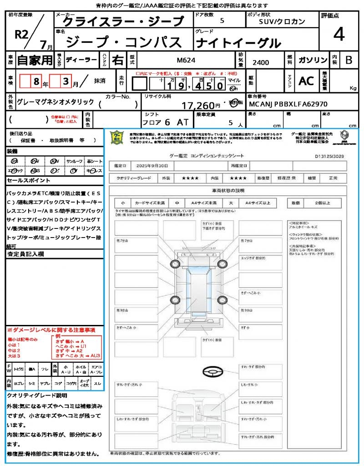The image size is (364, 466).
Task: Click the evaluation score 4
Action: pos(338,34)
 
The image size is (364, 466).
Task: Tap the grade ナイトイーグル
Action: pos(238,43)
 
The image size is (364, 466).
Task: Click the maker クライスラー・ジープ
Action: pos(123,21)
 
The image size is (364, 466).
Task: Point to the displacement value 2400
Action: pos(261,62)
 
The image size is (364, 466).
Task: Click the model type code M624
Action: pos(185,60)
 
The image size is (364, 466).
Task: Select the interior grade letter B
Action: pos(349,60)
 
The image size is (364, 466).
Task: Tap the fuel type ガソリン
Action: pos(313,60)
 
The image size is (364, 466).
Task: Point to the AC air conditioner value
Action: pos(306,81)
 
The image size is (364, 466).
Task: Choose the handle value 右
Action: pos(118,60)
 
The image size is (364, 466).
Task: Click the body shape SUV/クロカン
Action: pos(282,21)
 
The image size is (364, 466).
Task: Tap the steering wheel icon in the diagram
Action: pos(212,372)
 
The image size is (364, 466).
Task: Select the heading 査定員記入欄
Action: pos(25,254)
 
